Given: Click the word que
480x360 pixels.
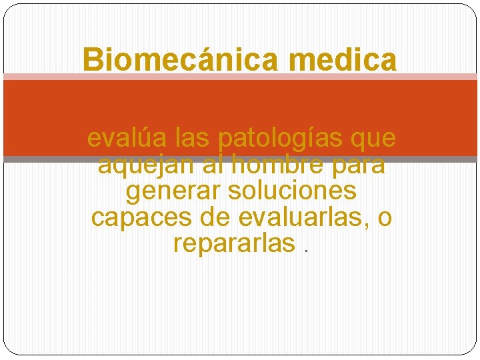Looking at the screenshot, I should pyautogui.click(x=373, y=139).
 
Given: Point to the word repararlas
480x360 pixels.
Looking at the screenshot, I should pyautogui.click(x=233, y=243).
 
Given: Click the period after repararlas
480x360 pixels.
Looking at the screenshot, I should pyautogui.click(x=305, y=251).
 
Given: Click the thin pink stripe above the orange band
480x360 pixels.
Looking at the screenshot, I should pyautogui.click(x=240, y=77).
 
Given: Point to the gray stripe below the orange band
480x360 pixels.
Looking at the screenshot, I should pyautogui.click(x=240, y=159).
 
